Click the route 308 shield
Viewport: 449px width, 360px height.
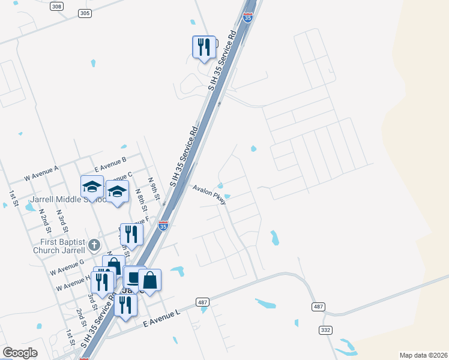(56, 7)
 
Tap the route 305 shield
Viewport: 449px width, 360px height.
(85, 13)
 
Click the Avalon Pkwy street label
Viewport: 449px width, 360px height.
(209, 194)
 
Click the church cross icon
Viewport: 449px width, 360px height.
(94, 244)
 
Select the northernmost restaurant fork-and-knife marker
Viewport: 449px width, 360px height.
(204, 46)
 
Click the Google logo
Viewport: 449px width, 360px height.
(20, 353)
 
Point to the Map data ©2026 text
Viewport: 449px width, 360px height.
(423, 355)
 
